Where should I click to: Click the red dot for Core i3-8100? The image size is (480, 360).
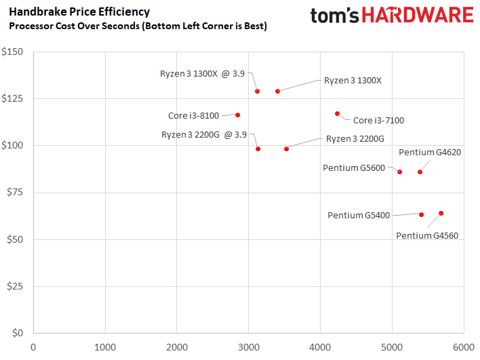pos(237,115)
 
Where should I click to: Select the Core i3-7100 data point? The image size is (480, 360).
pos(337,114)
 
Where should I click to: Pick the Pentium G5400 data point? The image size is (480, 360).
pos(421,214)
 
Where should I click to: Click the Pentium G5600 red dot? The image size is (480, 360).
pos(399,172)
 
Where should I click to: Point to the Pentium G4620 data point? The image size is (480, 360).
pos(420,172)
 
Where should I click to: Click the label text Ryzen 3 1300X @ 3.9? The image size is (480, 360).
pos(202,73)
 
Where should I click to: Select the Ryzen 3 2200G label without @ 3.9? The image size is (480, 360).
pos(355,138)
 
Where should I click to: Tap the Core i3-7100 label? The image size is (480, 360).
pos(378,121)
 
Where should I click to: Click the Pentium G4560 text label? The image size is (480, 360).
pos(427,236)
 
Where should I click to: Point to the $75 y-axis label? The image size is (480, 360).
pos(15,193)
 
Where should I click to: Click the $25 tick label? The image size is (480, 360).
pos(15,286)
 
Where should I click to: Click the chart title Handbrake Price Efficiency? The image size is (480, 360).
pos(79,12)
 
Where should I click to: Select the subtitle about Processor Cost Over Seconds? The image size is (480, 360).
pos(137,26)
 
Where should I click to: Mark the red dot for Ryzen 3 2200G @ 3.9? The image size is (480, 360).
pos(258,148)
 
